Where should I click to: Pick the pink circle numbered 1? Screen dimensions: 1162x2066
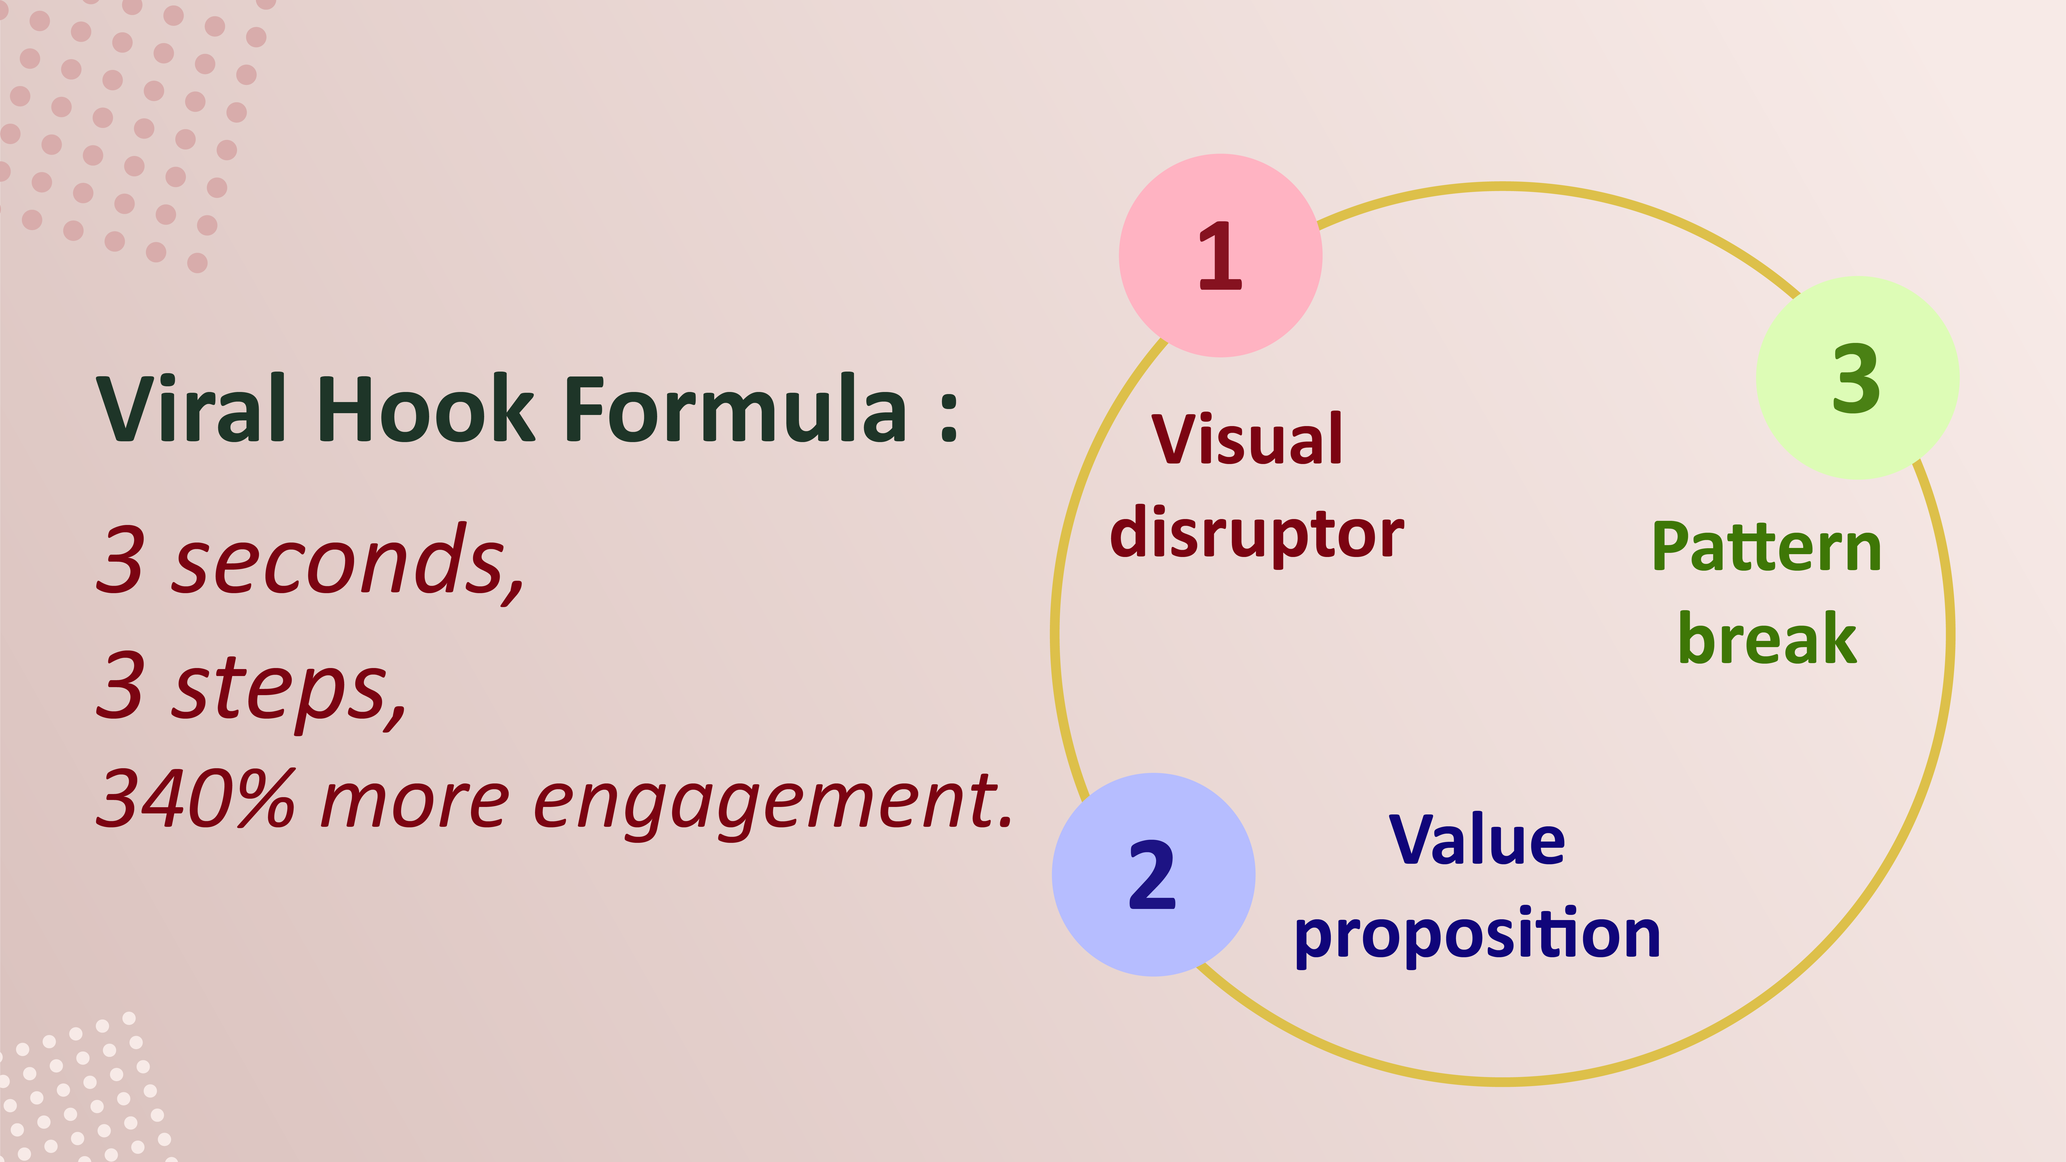(x=1220, y=255)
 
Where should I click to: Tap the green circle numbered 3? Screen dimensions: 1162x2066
(x=1857, y=378)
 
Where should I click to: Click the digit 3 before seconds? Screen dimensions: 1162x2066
(x=120, y=559)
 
